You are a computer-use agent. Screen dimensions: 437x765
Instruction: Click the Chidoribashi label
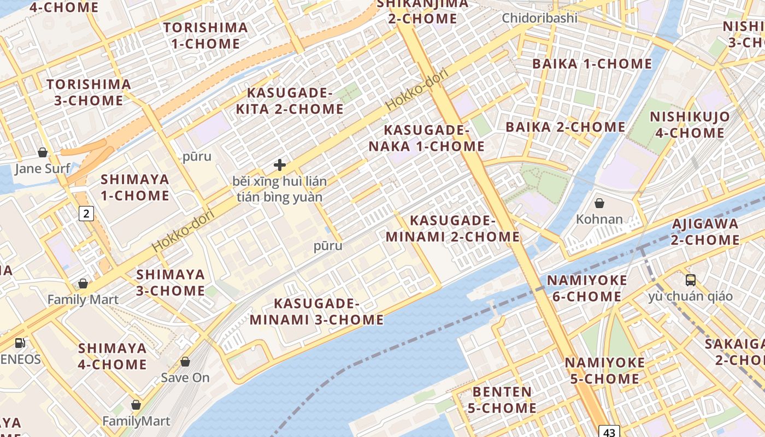coord(539,18)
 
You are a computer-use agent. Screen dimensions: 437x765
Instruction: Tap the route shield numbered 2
coord(86,213)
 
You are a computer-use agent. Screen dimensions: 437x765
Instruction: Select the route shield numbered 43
coord(610,432)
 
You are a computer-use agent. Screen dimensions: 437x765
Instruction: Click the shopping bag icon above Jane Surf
coord(43,152)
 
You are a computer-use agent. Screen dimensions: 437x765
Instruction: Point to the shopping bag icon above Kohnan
coord(599,203)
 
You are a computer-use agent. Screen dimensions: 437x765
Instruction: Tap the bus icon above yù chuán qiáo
coord(691,280)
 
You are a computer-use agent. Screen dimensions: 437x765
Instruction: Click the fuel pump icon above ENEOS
coord(20,343)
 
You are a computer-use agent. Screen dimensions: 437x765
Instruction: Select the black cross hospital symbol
coord(280,165)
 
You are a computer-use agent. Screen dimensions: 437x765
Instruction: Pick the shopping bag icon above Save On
coord(185,362)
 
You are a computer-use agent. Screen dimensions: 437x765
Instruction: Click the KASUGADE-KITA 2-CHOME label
coord(290,101)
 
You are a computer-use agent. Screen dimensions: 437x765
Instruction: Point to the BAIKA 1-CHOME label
coord(592,64)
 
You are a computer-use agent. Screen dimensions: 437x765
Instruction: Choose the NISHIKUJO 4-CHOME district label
coord(690,125)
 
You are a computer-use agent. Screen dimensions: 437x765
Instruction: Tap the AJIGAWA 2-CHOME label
coord(705,232)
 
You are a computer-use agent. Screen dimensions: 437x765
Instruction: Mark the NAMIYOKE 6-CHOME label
coord(587,288)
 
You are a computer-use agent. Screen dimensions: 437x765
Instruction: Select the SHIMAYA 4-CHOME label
coord(113,356)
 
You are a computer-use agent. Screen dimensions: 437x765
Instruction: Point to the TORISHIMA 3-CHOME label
coord(89,92)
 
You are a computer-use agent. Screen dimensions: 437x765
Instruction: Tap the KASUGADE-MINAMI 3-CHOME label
coord(317,311)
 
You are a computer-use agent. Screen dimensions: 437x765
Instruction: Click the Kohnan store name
coord(599,219)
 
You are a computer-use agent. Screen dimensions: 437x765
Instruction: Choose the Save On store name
coord(185,377)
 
